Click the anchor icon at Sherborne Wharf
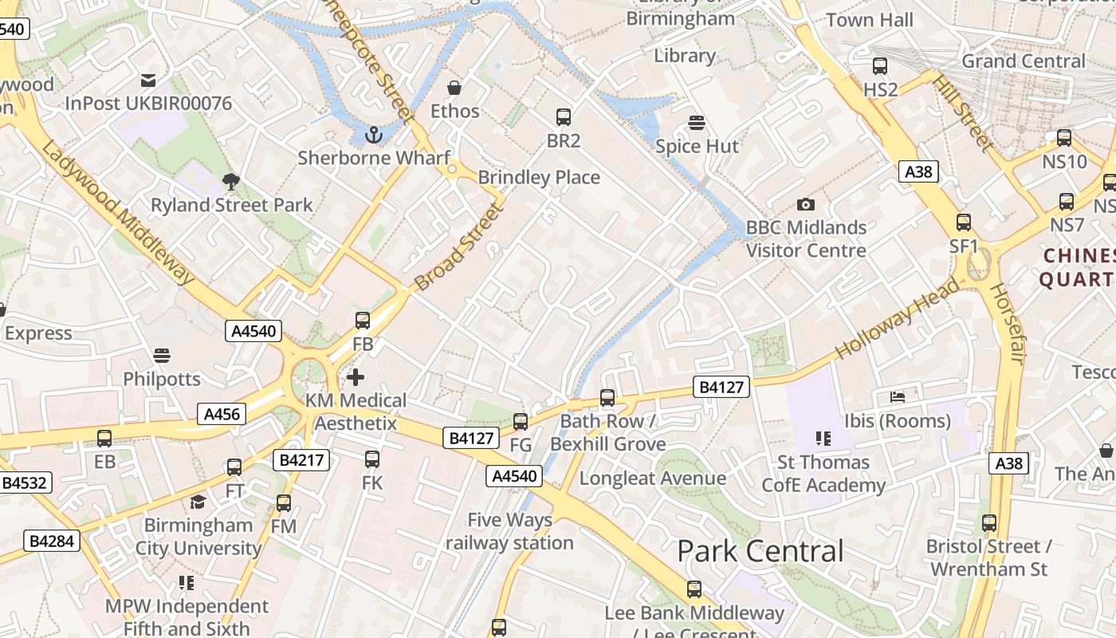(x=373, y=135)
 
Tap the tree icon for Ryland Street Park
(x=231, y=182)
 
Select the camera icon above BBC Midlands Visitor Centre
(x=806, y=205)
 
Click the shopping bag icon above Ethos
(x=454, y=88)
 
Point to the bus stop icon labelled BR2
(x=564, y=117)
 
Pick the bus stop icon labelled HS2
(x=880, y=66)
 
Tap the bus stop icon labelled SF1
(x=964, y=223)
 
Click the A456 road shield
(x=222, y=414)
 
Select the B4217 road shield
(x=301, y=460)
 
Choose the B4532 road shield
(x=26, y=482)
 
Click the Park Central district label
(x=760, y=551)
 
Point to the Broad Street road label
(x=460, y=248)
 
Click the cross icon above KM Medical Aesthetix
(x=356, y=376)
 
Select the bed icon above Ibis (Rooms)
(x=898, y=396)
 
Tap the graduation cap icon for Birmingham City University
(x=198, y=502)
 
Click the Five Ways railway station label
(x=509, y=531)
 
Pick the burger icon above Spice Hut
(x=697, y=123)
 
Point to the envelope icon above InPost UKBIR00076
(x=148, y=80)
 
